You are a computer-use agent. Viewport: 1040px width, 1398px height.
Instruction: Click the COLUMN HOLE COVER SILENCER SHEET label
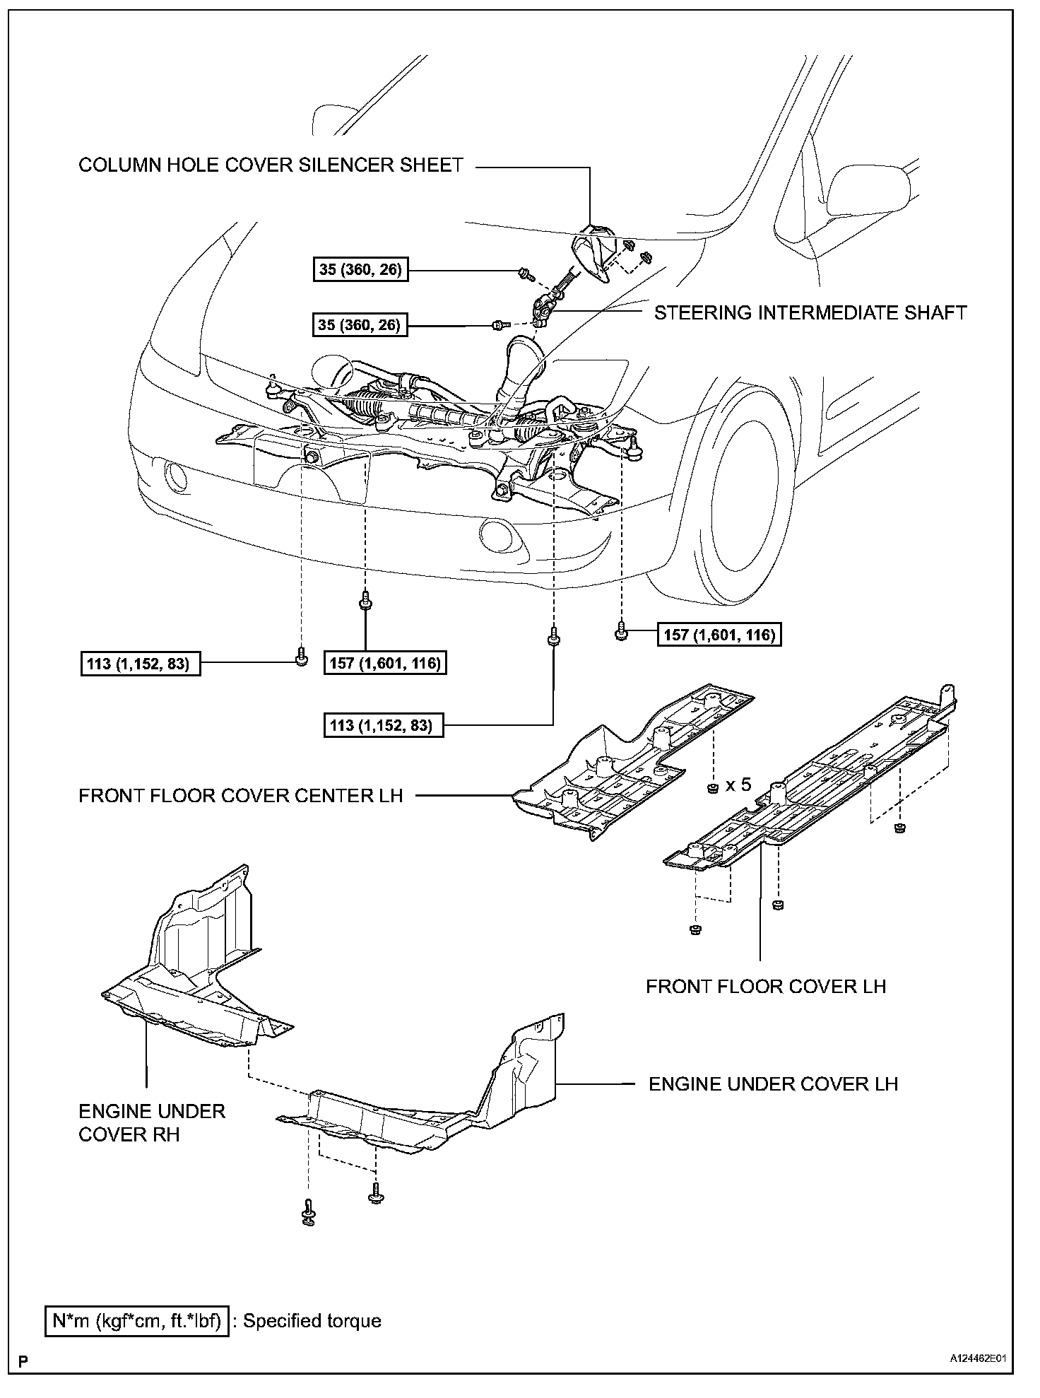(271, 165)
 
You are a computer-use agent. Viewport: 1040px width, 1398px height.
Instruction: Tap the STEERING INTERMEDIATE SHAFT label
(810, 312)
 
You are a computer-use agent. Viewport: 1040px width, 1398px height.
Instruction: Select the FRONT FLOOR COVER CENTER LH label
(240, 795)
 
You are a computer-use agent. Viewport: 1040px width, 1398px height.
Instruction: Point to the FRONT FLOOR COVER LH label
(765, 986)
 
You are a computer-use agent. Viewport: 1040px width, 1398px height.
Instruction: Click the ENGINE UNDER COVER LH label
(773, 1083)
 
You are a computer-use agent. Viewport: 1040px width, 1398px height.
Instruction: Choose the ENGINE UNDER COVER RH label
(151, 1122)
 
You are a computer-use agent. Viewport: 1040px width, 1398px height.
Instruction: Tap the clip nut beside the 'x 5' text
(713, 787)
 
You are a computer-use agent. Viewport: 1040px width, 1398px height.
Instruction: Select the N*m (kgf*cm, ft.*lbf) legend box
(138, 1321)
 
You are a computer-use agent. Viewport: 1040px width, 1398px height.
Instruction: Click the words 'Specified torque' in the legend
(312, 1321)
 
